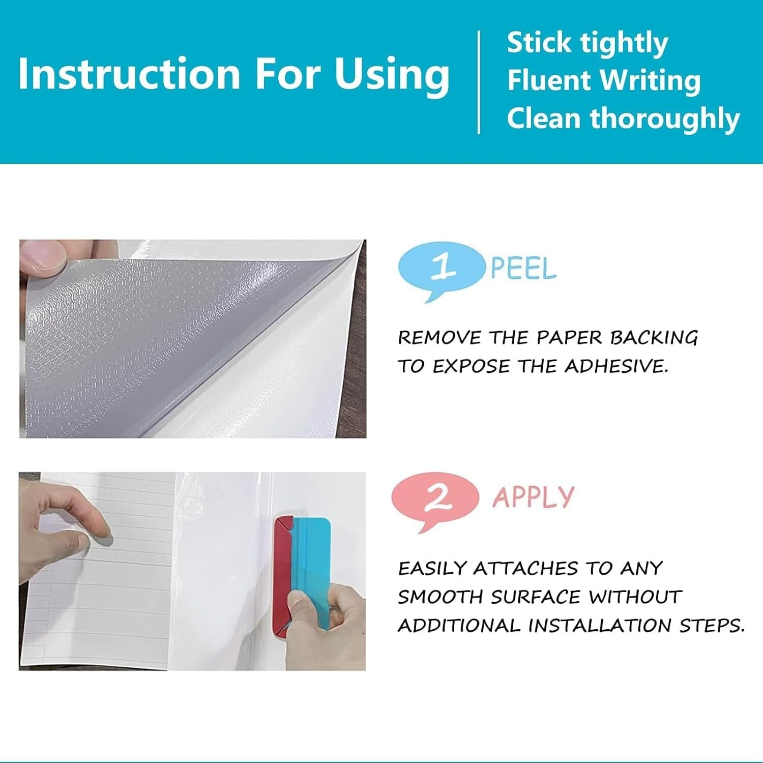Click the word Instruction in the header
[x=128, y=74]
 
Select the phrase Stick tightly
[x=587, y=43]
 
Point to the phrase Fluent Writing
[x=604, y=80]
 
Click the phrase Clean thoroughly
[x=623, y=119]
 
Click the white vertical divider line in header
[x=479, y=82]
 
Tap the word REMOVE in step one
[x=439, y=338]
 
